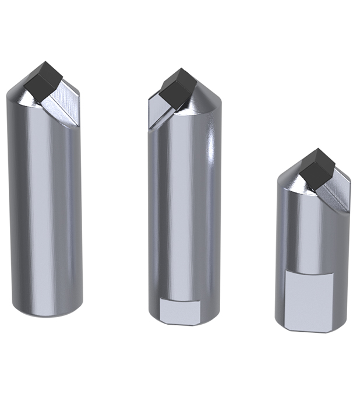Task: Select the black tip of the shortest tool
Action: click(x=317, y=168)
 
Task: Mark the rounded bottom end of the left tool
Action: click(x=45, y=312)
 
